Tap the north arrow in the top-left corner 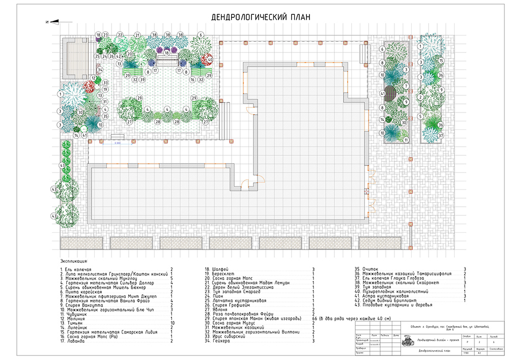pyautogui.click(x=51, y=21)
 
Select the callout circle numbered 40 pyautogui.click(x=210, y=60)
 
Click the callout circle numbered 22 pyautogui.click(x=120, y=35)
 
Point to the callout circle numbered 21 pyautogui.click(x=137, y=35)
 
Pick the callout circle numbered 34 pyautogui.click(x=100, y=70)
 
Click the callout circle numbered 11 pyautogui.click(x=406, y=140)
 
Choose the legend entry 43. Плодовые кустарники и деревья pyautogui.click(x=397, y=305)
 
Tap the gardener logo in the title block pyautogui.click(x=407, y=340)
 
